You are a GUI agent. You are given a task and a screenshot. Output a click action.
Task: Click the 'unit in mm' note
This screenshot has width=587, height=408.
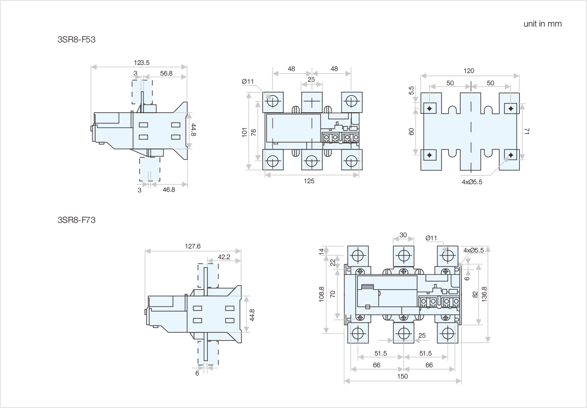pos(542,24)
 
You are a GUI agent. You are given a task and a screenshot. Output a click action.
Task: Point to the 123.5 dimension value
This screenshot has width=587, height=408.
pos(141,63)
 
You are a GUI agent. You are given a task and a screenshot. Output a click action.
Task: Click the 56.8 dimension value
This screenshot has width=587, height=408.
pos(166,73)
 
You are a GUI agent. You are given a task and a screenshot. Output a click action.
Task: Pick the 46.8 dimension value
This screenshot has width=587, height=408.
pos(168,189)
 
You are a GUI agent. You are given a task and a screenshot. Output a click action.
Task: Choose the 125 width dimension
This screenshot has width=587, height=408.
pos(309,181)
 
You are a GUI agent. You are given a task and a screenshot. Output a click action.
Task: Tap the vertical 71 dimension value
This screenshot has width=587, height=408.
pos(527,132)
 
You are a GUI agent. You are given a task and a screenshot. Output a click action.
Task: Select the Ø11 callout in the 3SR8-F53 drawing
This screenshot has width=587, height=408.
pos(248,82)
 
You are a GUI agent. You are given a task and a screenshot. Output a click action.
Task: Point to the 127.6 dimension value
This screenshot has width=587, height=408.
pos(192,246)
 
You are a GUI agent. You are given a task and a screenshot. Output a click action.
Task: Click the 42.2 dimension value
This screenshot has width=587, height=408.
pos(224,257)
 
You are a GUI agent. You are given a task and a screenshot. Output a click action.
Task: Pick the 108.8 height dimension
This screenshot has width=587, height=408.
pos(322,294)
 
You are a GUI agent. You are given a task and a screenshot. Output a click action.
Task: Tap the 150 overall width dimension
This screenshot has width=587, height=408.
pos(402,376)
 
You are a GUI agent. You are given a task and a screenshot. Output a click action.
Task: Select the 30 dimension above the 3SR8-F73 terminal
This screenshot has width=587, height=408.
pos(403,236)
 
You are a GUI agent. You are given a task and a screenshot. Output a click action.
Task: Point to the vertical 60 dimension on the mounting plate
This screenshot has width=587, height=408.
pos(411,131)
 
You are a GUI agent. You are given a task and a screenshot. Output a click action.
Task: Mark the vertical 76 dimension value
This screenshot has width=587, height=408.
pos(254,132)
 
